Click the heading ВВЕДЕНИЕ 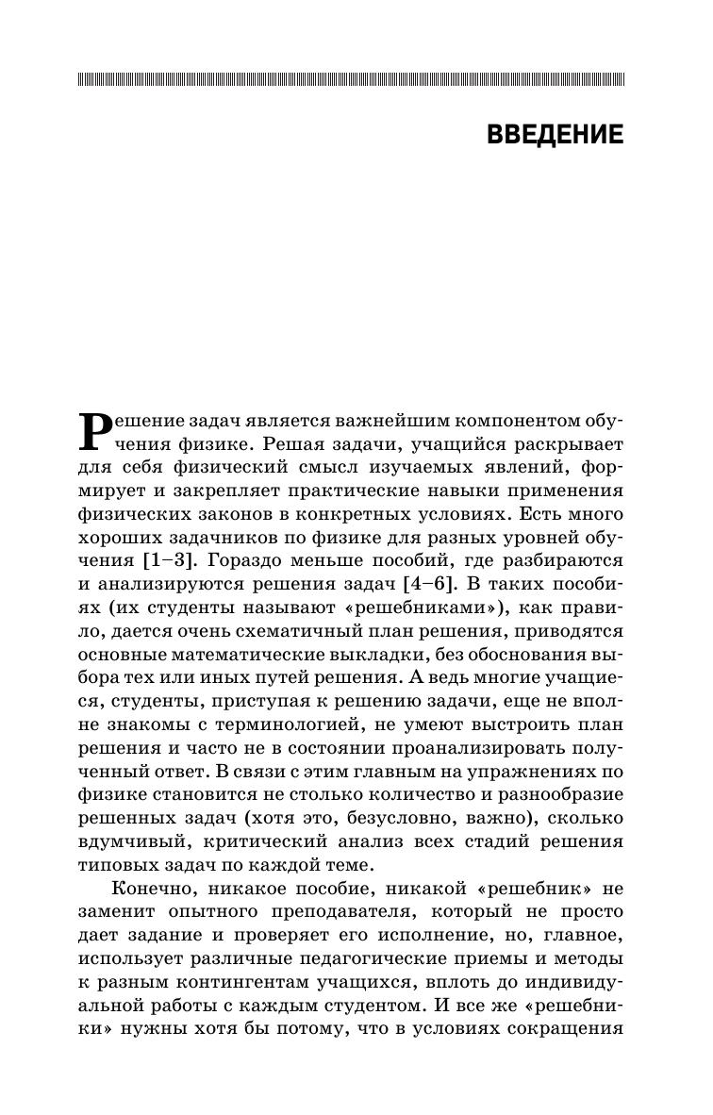[555, 135]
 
